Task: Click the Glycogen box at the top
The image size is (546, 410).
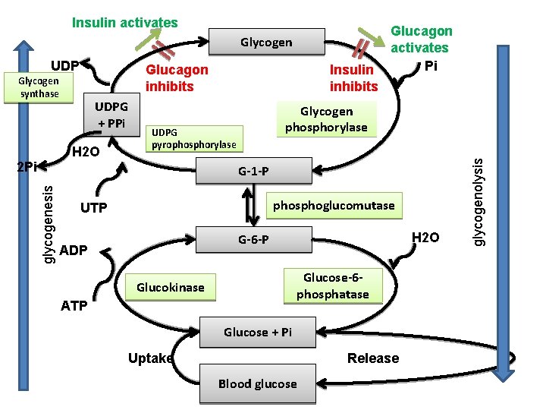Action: click(x=266, y=43)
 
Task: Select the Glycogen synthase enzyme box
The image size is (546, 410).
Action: click(x=39, y=87)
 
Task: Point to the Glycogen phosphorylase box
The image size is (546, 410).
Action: click(x=326, y=119)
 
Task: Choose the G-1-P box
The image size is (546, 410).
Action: click(x=253, y=172)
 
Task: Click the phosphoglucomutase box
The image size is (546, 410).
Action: click(x=334, y=206)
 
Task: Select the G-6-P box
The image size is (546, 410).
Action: click(x=253, y=241)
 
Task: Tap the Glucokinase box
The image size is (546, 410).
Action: click(x=171, y=287)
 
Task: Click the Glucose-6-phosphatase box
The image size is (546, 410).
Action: click(x=332, y=286)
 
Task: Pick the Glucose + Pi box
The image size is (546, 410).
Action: click(x=257, y=333)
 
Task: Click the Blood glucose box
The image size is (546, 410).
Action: click(x=257, y=383)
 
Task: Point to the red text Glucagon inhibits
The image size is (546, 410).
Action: click(x=177, y=78)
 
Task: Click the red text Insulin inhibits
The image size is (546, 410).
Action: click(x=353, y=78)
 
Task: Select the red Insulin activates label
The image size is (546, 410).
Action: click(x=125, y=23)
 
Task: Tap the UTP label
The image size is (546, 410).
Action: click(x=93, y=208)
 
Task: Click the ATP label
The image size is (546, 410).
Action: click(x=74, y=306)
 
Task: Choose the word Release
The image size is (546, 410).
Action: click(x=372, y=358)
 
